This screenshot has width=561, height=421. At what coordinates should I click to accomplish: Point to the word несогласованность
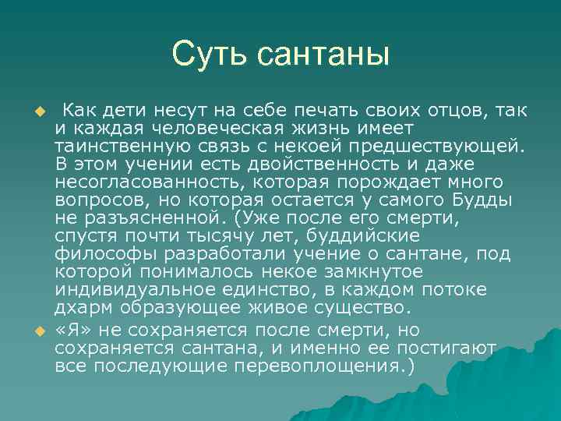tap(143, 182)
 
